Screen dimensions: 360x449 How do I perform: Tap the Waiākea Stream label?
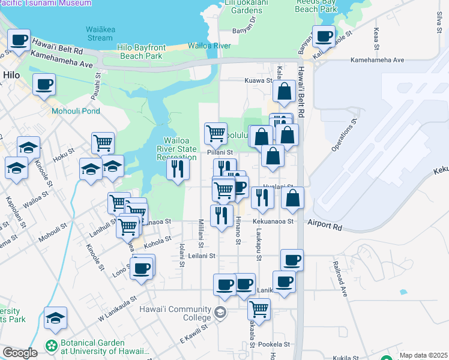(x=99, y=33)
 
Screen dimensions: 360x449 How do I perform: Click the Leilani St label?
(x=202, y=256)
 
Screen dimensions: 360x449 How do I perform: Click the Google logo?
(x=19, y=353)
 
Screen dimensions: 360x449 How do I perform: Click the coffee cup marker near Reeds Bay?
(x=324, y=37)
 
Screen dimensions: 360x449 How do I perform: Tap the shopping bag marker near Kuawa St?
(x=284, y=91)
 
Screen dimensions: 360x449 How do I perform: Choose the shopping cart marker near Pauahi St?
(x=103, y=143)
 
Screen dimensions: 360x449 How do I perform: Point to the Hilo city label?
(x=11, y=75)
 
